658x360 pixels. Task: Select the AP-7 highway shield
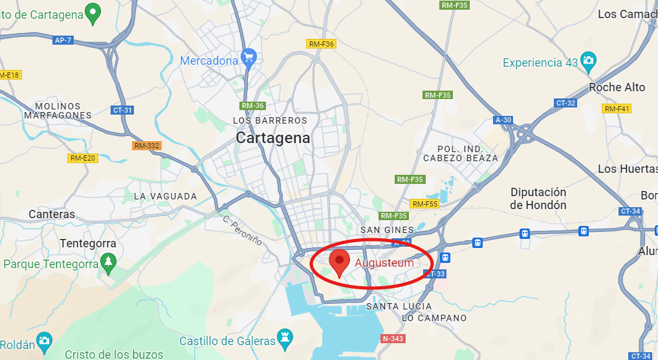coord(63,40)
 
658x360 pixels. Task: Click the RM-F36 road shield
coord(321,44)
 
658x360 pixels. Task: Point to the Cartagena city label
coord(272,138)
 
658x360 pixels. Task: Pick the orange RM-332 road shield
coord(146,146)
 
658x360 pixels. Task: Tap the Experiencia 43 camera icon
coord(588,61)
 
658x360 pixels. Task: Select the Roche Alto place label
coord(617,87)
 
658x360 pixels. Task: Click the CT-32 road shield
coord(565,103)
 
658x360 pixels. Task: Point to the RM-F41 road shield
coord(616,109)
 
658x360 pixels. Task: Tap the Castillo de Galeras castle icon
coord(285,337)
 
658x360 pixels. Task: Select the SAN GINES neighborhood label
coord(387,230)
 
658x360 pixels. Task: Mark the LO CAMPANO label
coord(434,318)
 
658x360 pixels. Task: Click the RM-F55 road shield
coord(425,204)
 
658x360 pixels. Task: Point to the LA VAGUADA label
coord(165,196)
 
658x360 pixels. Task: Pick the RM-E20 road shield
coord(83,158)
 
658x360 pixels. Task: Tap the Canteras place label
coord(52,214)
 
